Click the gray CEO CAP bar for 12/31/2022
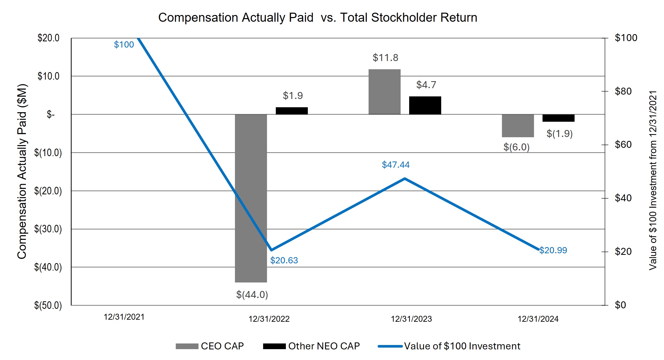[x=251, y=198]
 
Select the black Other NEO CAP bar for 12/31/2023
[x=425, y=105]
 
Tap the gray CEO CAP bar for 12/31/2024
[x=518, y=126]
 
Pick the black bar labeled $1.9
[x=292, y=111]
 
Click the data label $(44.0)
[x=252, y=295]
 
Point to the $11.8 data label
[x=385, y=58]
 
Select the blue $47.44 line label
[x=396, y=165]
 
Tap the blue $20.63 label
[x=284, y=260]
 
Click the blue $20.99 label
[x=553, y=250]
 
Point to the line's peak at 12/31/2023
[x=404, y=179]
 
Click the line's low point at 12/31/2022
[x=271, y=250]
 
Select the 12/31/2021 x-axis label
[x=124, y=317]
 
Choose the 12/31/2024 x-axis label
[x=538, y=319]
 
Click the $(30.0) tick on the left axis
[x=48, y=229]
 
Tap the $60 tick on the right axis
[x=623, y=145]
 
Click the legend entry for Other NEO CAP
[x=311, y=346]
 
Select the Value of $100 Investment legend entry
[x=449, y=346]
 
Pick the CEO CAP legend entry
[x=210, y=346]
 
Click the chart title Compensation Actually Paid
[x=318, y=18]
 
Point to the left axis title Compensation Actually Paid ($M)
[x=22, y=171]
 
